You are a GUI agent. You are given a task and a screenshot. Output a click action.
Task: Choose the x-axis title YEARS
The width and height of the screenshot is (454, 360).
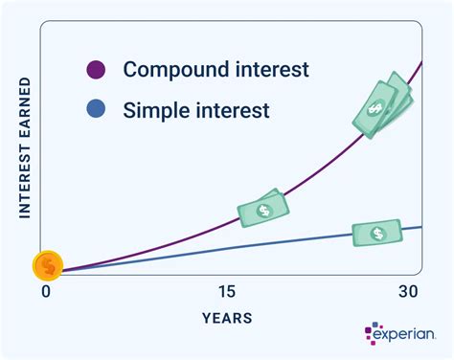(228, 317)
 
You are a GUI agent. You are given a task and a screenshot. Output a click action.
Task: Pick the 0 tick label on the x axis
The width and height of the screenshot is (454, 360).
(44, 291)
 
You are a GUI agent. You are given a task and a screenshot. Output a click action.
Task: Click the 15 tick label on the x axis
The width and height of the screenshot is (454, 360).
(227, 291)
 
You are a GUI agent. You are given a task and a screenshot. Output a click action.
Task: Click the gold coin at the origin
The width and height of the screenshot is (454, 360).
(47, 264)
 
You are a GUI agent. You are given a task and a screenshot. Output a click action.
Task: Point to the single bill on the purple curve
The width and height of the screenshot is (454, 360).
(262, 208)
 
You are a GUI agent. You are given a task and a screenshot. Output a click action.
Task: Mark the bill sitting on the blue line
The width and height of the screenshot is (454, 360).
(376, 232)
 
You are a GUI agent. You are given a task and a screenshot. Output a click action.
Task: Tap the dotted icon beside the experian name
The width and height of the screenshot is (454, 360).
(372, 334)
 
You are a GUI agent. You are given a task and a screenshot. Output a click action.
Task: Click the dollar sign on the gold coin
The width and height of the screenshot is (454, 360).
(47, 264)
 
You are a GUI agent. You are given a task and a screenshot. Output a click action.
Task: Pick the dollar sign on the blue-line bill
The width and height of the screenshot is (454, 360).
(377, 232)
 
